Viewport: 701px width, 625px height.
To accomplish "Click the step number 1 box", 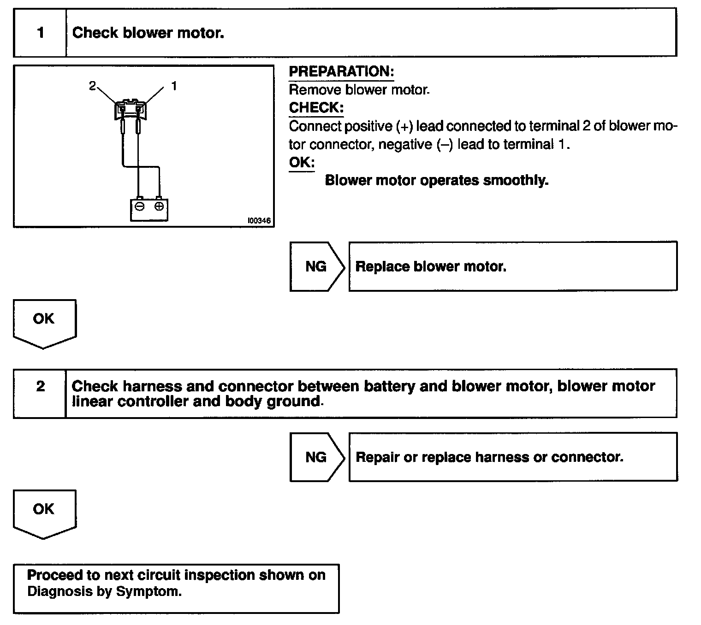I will (x=41, y=33).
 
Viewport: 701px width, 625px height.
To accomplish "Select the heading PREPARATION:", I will (x=341, y=71).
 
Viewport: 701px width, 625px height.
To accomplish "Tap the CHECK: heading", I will (x=316, y=108).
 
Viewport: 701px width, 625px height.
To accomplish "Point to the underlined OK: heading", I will (x=302, y=162).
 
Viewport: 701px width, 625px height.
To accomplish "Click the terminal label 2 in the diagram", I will (x=93, y=86).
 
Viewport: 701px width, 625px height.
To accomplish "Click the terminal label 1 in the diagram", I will (x=173, y=86).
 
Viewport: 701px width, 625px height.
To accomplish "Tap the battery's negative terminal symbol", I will (x=140, y=206).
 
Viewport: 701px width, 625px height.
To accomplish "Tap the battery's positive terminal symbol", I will (x=158, y=206).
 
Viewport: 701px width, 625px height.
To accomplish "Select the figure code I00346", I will (x=259, y=221).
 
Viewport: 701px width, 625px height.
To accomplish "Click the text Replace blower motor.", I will (x=431, y=266).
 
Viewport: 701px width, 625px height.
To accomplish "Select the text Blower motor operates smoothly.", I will (x=436, y=180).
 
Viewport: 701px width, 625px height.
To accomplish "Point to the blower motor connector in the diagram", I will (x=130, y=110).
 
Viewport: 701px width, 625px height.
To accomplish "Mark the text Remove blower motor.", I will (x=359, y=90).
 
